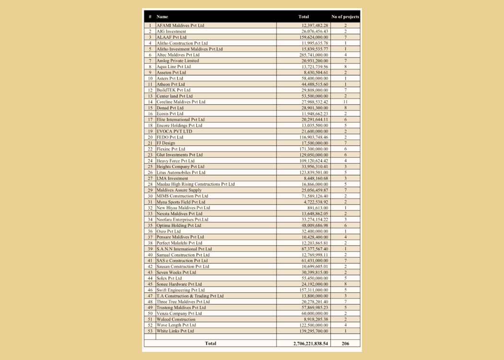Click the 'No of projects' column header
click(x=345, y=17)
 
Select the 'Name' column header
click(x=162, y=17)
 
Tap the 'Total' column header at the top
click(x=303, y=17)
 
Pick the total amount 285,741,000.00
click(x=312, y=55)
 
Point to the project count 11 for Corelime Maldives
click(x=345, y=102)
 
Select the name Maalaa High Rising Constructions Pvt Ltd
click(x=195, y=184)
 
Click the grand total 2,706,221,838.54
click(x=311, y=344)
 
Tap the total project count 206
click(x=345, y=344)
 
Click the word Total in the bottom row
click(x=211, y=344)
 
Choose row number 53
click(x=150, y=331)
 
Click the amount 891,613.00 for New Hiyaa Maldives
click(x=317, y=207)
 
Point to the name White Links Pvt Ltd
click(x=175, y=331)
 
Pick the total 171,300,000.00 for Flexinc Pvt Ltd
click(x=312, y=149)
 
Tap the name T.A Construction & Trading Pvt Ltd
click(x=190, y=296)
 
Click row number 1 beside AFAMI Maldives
click(x=150, y=25)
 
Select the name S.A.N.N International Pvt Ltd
click(x=184, y=249)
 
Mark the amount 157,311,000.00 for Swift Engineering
click(x=312, y=290)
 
